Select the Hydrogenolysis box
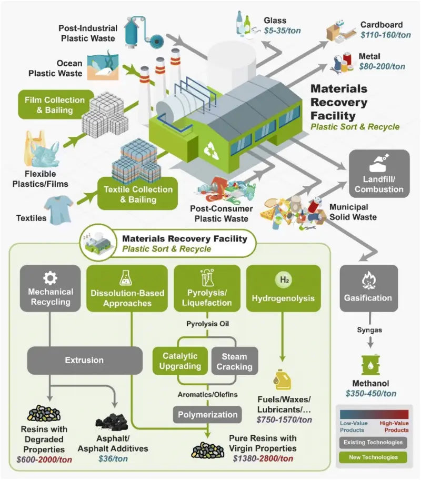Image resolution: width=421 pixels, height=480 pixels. click(x=283, y=288)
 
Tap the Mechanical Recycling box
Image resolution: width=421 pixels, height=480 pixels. click(x=50, y=288)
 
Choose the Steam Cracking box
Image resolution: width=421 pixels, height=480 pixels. click(x=235, y=361)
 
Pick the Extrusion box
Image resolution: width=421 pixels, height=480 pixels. click(x=84, y=361)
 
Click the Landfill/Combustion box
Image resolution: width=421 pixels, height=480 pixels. click(x=379, y=174)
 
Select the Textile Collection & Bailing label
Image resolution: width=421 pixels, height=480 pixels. click(x=138, y=194)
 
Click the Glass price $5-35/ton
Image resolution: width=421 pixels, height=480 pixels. click(x=282, y=31)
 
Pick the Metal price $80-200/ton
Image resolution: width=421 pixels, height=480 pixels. click(x=382, y=66)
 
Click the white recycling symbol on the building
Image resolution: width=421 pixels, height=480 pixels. click(x=212, y=149)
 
